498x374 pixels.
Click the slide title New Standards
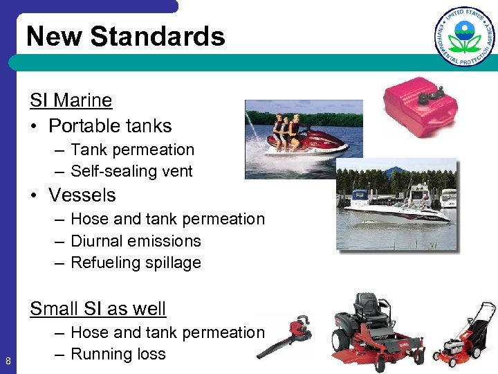[x=126, y=36]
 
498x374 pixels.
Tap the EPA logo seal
[x=465, y=36]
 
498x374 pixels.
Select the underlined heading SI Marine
[x=71, y=100]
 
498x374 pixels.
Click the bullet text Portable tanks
[x=110, y=126]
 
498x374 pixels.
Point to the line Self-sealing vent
[x=131, y=171]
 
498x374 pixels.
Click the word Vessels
[x=82, y=195]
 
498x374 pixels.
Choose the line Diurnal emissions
[x=136, y=241]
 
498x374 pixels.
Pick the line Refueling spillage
[x=136, y=262]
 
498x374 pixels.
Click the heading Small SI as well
[x=98, y=308]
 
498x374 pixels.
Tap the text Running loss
[x=118, y=354]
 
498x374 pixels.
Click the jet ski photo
[x=303, y=139]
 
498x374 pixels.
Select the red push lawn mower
[x=463, y=339]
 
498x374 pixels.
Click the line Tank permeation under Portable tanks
[x=132, y=150]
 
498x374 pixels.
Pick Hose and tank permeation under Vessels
[x=167, y=219]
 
